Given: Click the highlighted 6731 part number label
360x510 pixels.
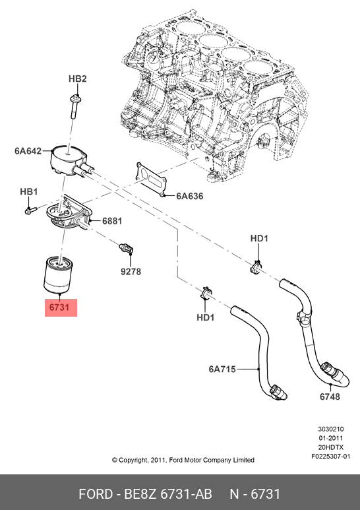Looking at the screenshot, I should tap(61, 308).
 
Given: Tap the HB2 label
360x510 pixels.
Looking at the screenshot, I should tap(78, 79).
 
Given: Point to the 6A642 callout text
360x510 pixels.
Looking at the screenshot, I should tap(28, 150).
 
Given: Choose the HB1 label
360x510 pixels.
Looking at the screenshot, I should tap(28, 191).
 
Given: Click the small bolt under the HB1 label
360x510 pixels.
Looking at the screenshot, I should tap(30, 210).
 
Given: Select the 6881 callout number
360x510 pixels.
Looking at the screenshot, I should tap(111, 221).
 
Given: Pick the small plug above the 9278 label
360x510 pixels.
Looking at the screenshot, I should tap(125, 249).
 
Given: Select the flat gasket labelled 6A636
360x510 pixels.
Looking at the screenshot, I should tap(151, 177).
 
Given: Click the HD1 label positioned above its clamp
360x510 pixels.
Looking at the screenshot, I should tap(259, 238).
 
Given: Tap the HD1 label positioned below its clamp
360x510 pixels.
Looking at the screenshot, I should tap(206, 317).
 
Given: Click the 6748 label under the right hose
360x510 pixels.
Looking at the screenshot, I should tap(330, 397).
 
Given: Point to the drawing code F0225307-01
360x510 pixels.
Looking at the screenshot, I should tap(330, 456).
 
